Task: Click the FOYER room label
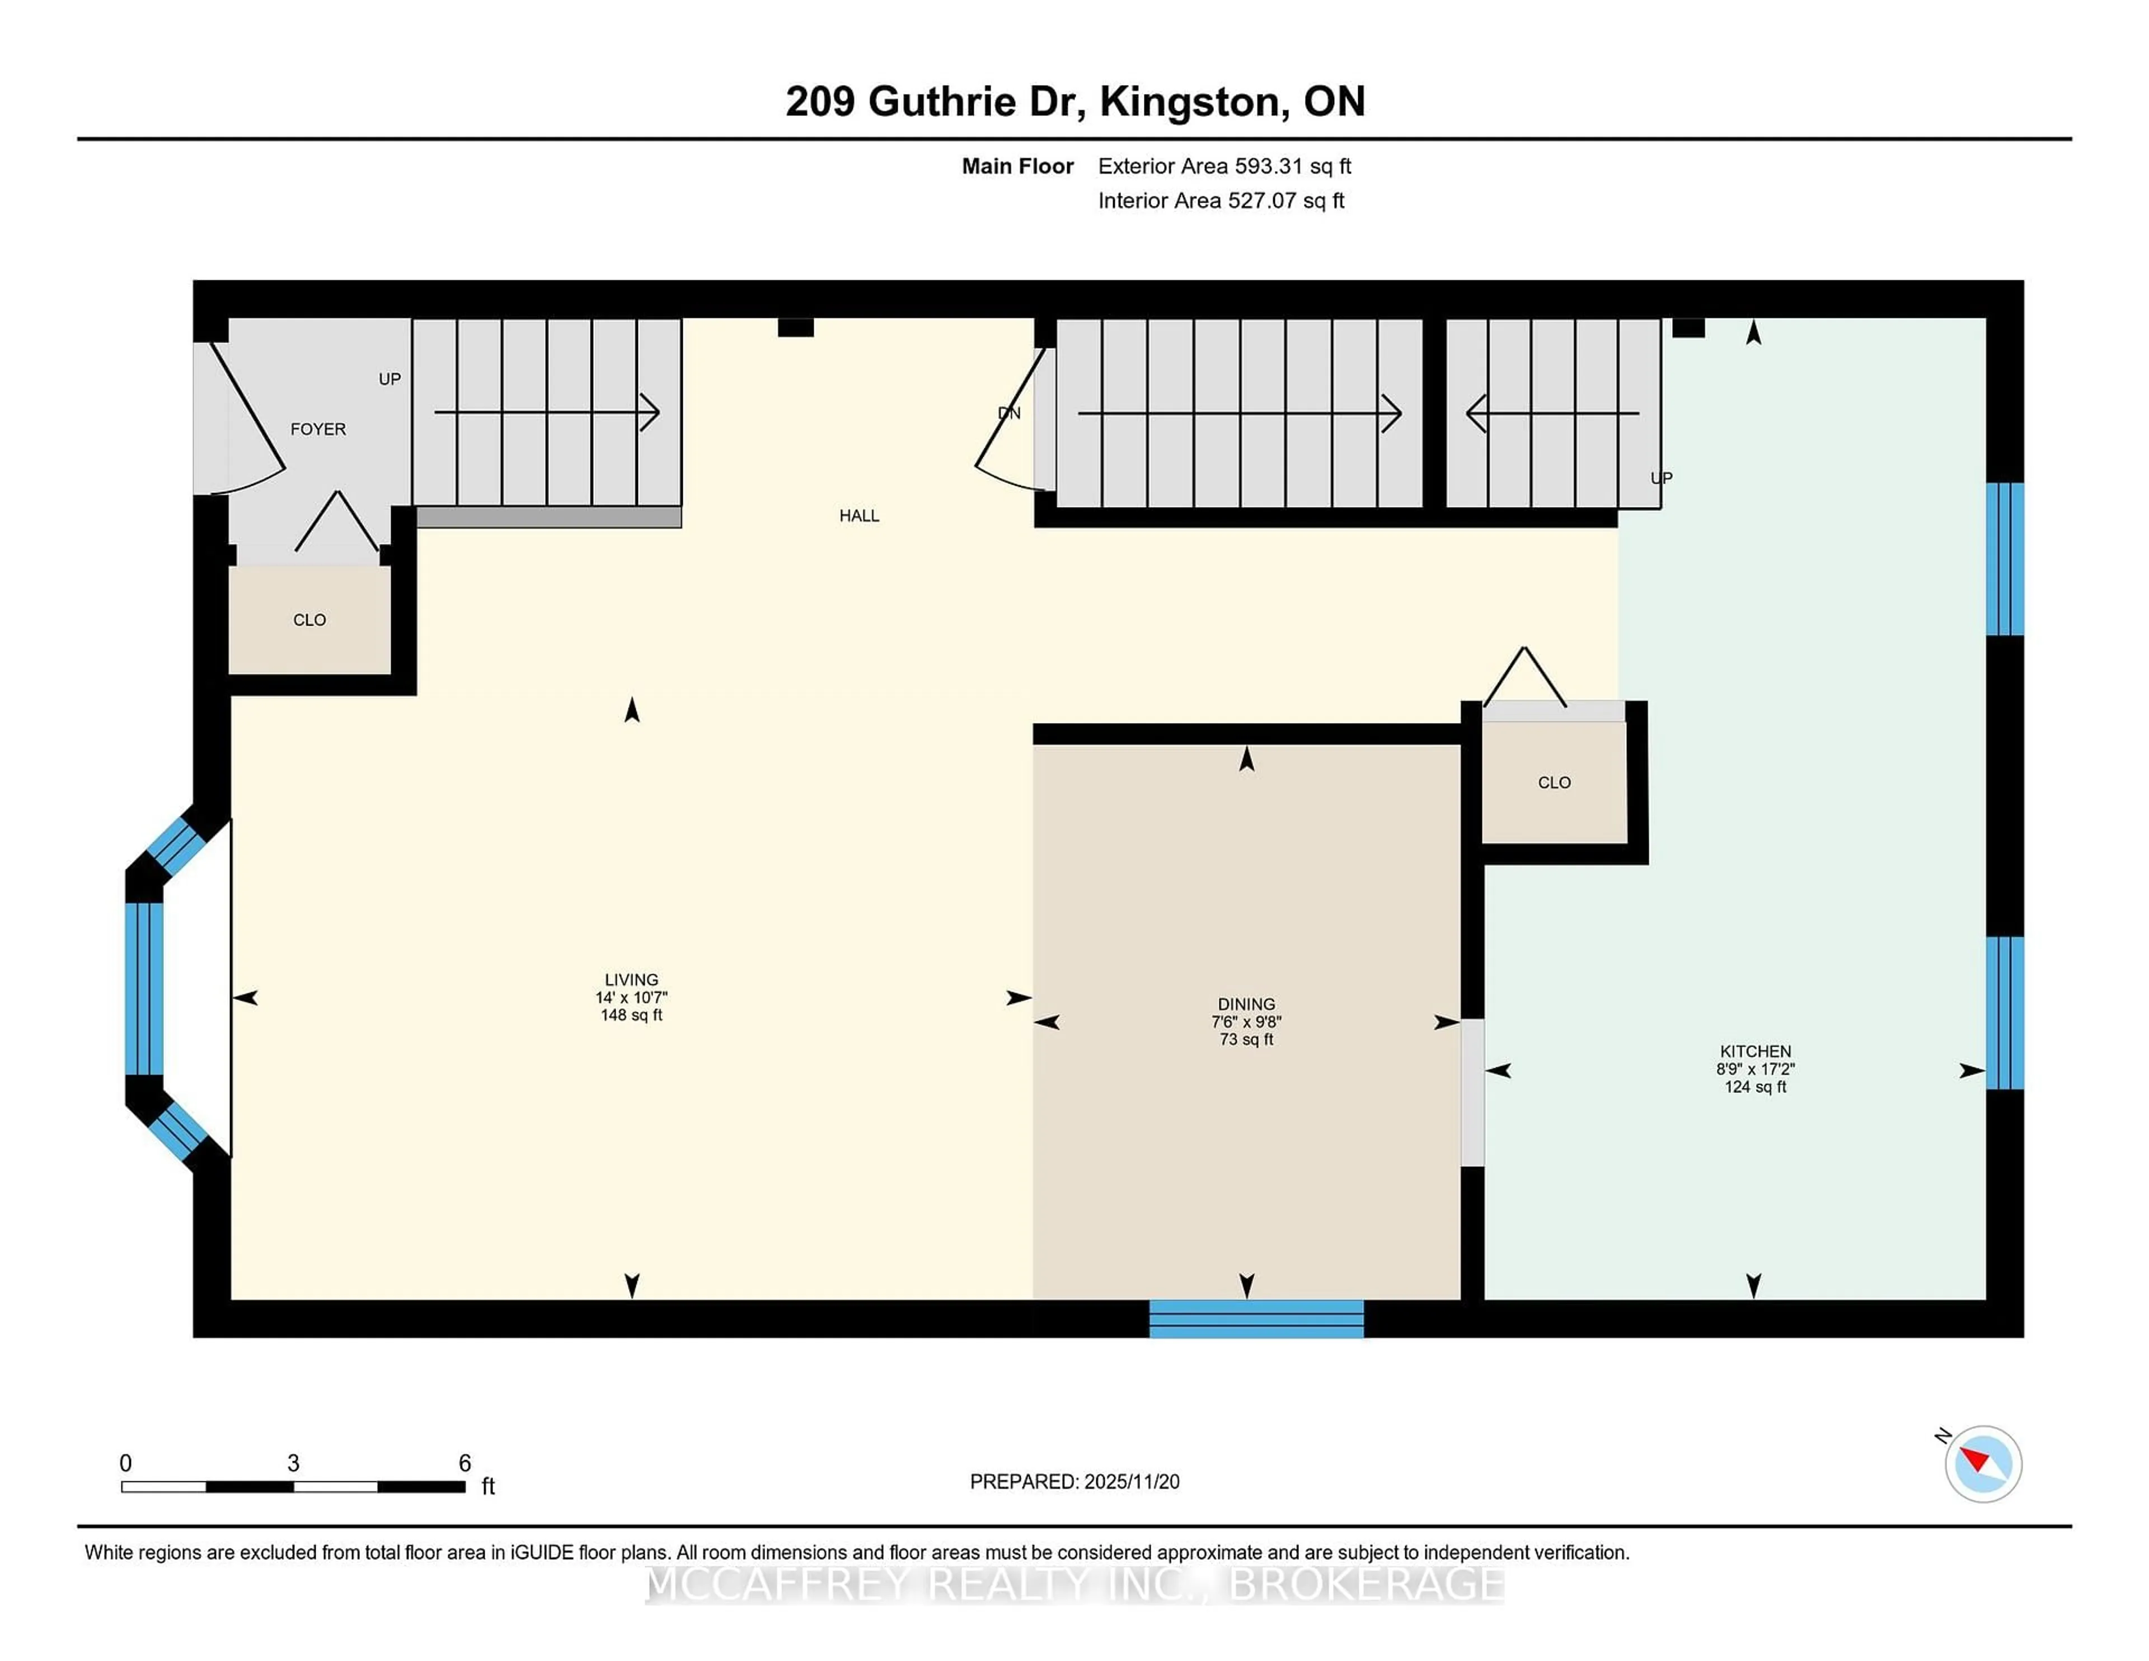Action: click(318, 429)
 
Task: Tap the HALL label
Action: click(859, 515)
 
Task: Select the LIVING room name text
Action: click(631, 979)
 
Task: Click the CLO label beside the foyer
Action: click(309, 620)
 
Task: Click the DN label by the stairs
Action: click(1008, 413)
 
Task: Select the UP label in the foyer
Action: click(390, 379)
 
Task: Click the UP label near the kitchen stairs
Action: click(1661, 478)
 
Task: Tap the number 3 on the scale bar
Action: click(293, 1463)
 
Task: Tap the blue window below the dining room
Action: click(1256, 1319)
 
